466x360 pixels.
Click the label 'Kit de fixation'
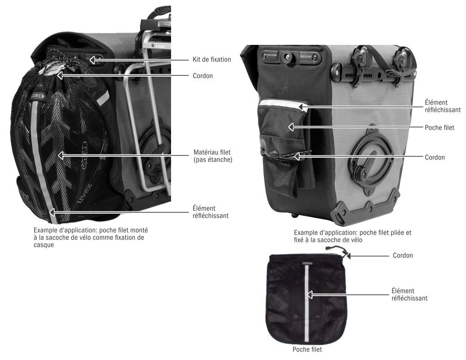point(212,60)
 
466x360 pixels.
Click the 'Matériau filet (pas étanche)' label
point(213,156)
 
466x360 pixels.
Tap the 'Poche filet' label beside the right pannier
point(440,128)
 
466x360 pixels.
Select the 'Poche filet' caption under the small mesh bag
point(307,349)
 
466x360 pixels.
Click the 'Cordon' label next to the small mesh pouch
point(403,255)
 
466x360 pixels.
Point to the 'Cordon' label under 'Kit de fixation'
point(202,76)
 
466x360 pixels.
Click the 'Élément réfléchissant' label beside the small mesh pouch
point(409,295)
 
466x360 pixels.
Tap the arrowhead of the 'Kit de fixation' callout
point(92,60)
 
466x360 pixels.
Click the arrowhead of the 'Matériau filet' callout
point(61,155)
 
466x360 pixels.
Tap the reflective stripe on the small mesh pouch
point(307,304)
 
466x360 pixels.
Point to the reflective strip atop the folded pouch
point(283,104)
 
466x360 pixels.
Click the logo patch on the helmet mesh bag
point(38,96)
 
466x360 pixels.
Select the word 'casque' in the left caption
point(43,245)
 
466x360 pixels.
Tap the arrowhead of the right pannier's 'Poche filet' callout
point(291,127)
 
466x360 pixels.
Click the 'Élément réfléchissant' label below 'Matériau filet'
point(210,212)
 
